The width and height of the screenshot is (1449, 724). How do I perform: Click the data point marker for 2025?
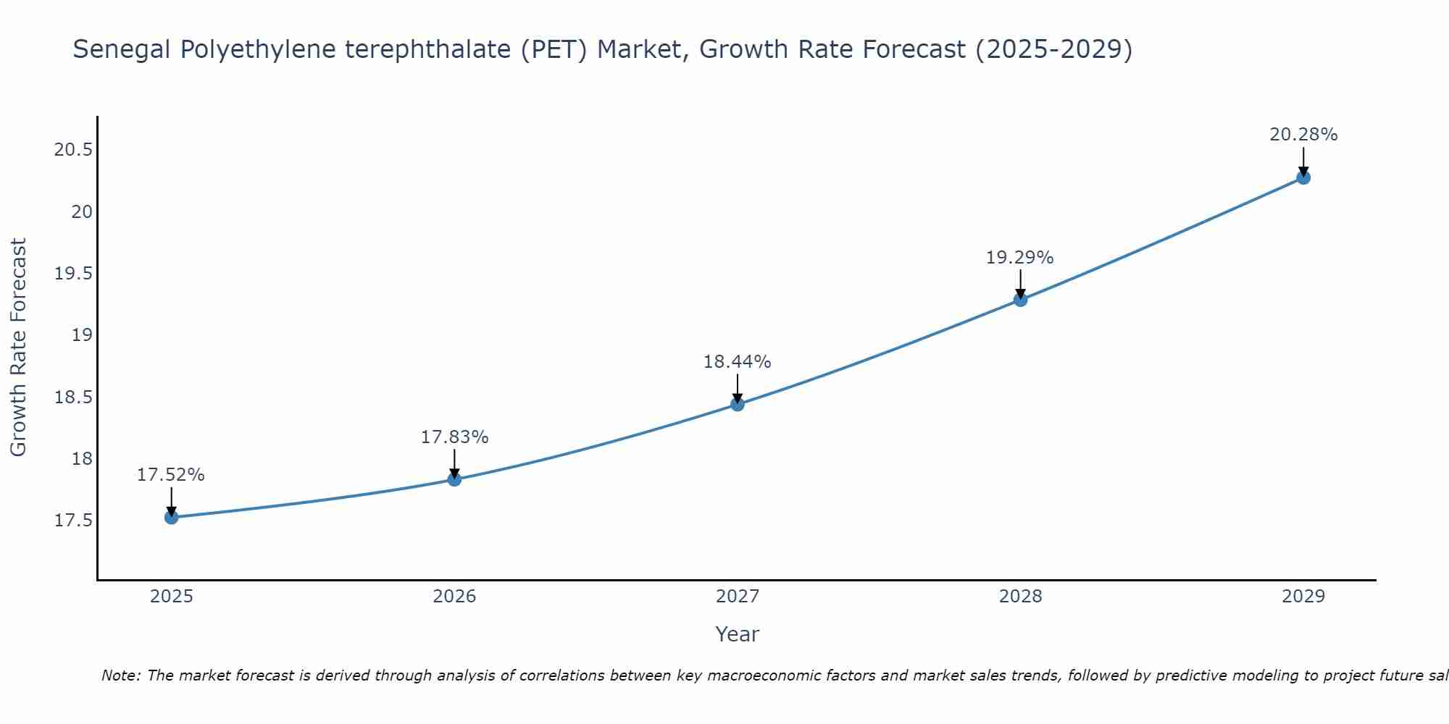171,517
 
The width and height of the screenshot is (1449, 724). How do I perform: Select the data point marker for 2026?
454,479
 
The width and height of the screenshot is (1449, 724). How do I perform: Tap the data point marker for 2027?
738,404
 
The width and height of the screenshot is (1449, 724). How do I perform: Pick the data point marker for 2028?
1020,299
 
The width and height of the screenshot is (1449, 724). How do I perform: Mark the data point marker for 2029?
1303,177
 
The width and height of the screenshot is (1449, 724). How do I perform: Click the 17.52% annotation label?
171,475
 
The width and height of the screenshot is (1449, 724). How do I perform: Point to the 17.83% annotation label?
454,437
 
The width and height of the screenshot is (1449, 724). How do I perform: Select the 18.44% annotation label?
738,362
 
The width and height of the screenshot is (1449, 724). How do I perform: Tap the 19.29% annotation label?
1020,258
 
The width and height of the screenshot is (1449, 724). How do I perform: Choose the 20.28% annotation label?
1303,135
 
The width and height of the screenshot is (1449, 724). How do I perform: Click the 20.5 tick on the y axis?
73,150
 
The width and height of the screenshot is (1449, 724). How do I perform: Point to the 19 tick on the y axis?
81,335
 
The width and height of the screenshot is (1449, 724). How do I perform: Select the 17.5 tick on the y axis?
73,521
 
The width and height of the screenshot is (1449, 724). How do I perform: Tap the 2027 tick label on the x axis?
738,597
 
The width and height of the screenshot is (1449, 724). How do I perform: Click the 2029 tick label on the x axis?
1303,597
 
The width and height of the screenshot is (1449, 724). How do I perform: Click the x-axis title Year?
737,634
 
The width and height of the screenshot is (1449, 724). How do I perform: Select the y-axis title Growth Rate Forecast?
18,348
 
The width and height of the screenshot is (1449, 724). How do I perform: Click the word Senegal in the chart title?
122,50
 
